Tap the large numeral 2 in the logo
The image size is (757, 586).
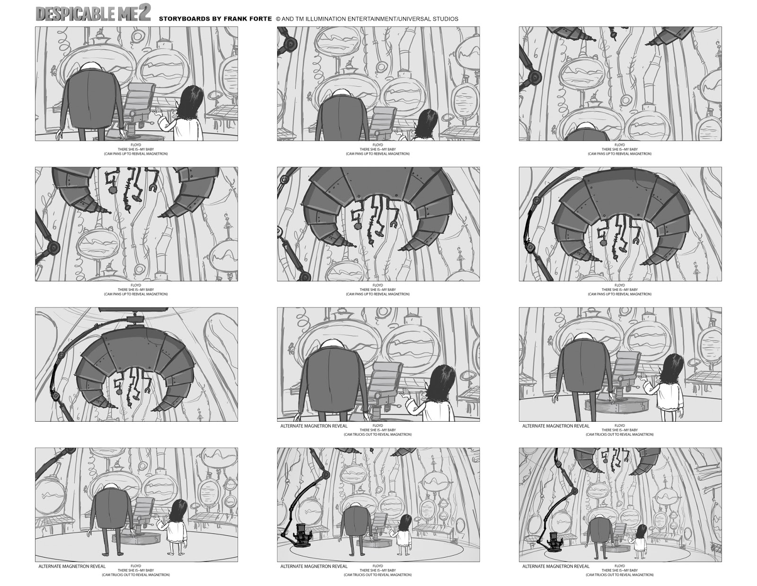[x=145, y=13]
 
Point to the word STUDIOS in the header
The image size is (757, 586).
[x=446, y=19]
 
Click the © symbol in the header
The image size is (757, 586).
[x=278, y=19]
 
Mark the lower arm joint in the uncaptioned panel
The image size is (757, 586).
[x=55, y=395]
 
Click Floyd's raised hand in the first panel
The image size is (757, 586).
[x=159, y=112]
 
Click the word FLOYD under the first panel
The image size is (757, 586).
[x=136, y=145]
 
